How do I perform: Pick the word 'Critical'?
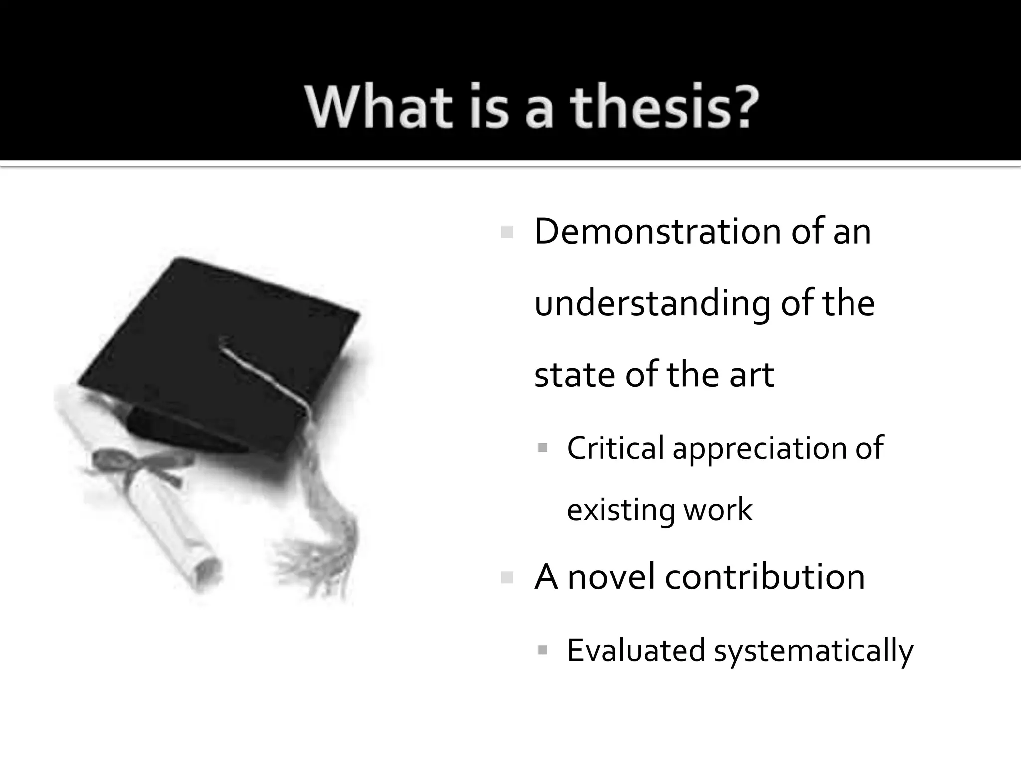pos(615,448)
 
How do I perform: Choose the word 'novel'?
pos(611,577)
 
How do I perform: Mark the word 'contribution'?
pos(765,577)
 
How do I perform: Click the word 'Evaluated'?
pos(636,650)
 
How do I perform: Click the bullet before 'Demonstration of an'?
pos(507,232)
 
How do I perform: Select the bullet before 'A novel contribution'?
pos(507,578)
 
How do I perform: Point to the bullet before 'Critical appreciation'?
pos(543,448)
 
